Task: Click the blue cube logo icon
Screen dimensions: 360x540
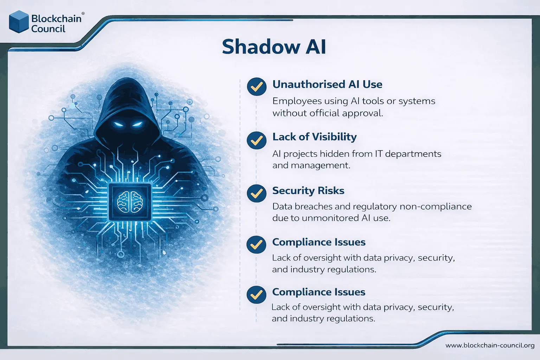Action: tap(19, 22)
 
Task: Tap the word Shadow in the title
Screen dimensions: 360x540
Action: tap(261, 47)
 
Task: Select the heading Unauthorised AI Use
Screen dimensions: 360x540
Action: tap(327, 84)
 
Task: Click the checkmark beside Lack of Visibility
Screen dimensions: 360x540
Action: tap(257, 140)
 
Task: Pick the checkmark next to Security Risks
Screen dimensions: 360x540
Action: tap(257, 193)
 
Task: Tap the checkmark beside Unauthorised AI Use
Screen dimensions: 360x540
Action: tap(257, 87)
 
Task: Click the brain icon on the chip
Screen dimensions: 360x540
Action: tap(130, 202)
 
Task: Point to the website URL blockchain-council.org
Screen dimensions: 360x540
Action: tap(490, 345)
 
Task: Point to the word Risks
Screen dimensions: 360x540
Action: tap(331, 191)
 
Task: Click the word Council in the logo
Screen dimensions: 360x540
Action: tap(48, 29)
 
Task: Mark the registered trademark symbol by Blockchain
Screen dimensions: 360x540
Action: tap(83, 14)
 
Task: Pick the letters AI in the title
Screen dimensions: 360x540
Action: tap(315, 47)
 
